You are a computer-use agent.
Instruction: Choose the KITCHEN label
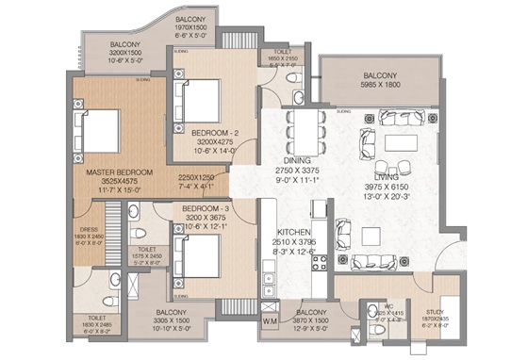click(294, 232)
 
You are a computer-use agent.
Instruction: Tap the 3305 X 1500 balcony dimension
click(160, 321)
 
